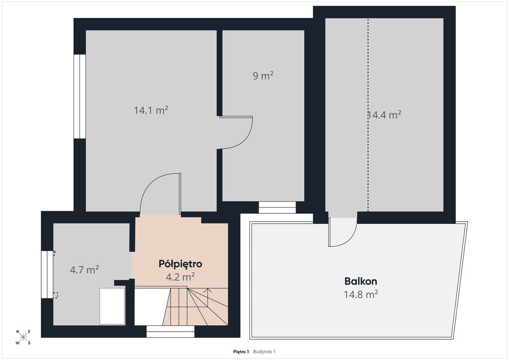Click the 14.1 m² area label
[x=151, y=110]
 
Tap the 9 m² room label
[x=263, y=76]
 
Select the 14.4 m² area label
[x=385, y=114]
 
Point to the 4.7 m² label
[x=85, y=270]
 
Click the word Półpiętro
[x=180, y=264]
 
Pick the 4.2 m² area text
[x=180, y=277]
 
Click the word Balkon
[x=361, y=281]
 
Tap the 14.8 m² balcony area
[x=361, y=294]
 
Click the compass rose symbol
[x=23, y=337]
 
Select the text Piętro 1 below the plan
[x=241, y=352]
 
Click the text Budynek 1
[x=264, y=352]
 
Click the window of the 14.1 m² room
[x=80, y=96]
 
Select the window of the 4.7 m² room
[x=47, y=274]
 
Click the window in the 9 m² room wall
[x=277, y=207]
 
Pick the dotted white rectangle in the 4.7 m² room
[x=112, y=306]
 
